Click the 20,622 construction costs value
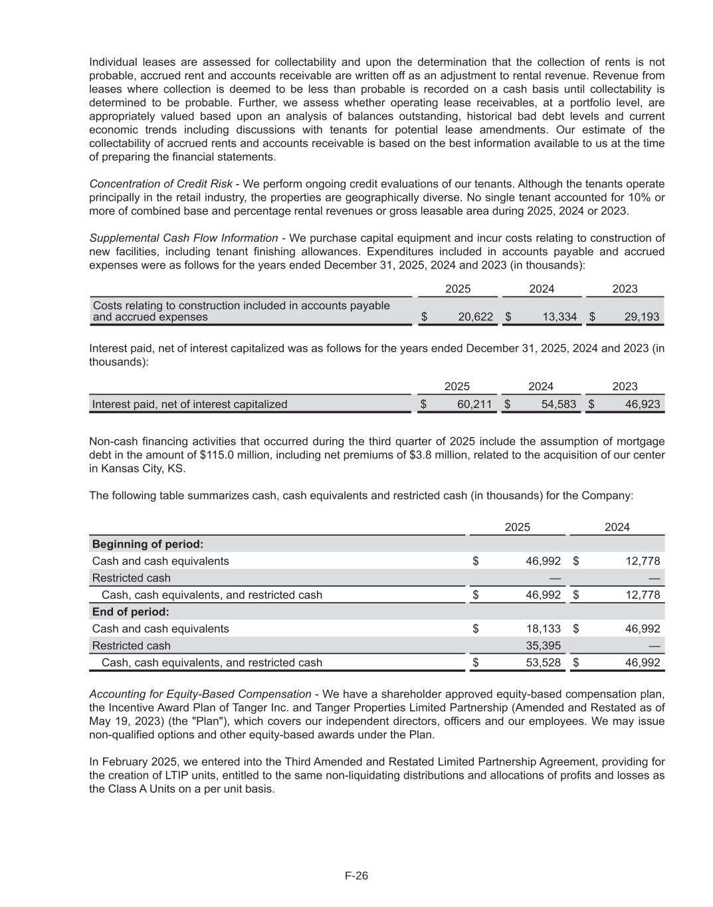click(x=476, y=317)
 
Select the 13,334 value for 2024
click(x=560, y=317)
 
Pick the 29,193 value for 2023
click(x=642, y=317)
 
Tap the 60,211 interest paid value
click(x=476, y=404)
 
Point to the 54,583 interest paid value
click(x=559, y=404)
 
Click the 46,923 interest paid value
click(x=642, y=404)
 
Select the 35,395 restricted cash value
click(x=544, y=645)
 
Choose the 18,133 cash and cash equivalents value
click(x=544, y=629)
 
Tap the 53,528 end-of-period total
click(x=544, y=662)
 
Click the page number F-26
click(x=356, y=876)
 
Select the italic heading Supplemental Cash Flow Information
click(x=183, y=238)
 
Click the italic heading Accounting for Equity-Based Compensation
click(x=200, y=694)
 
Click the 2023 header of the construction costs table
click(x=625, y=288)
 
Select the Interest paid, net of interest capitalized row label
click(x=189, y=404)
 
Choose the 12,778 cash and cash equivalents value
click(x=643, y=561)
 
